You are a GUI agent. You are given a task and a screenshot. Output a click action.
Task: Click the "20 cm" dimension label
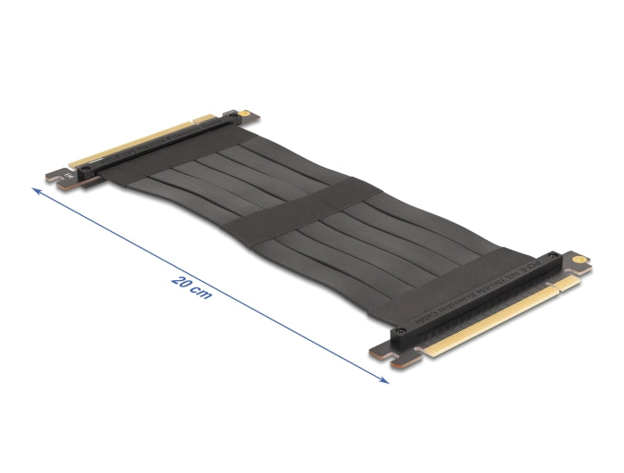pos(191,287)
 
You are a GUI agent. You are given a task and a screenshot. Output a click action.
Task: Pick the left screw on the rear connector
pos(86,167)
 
